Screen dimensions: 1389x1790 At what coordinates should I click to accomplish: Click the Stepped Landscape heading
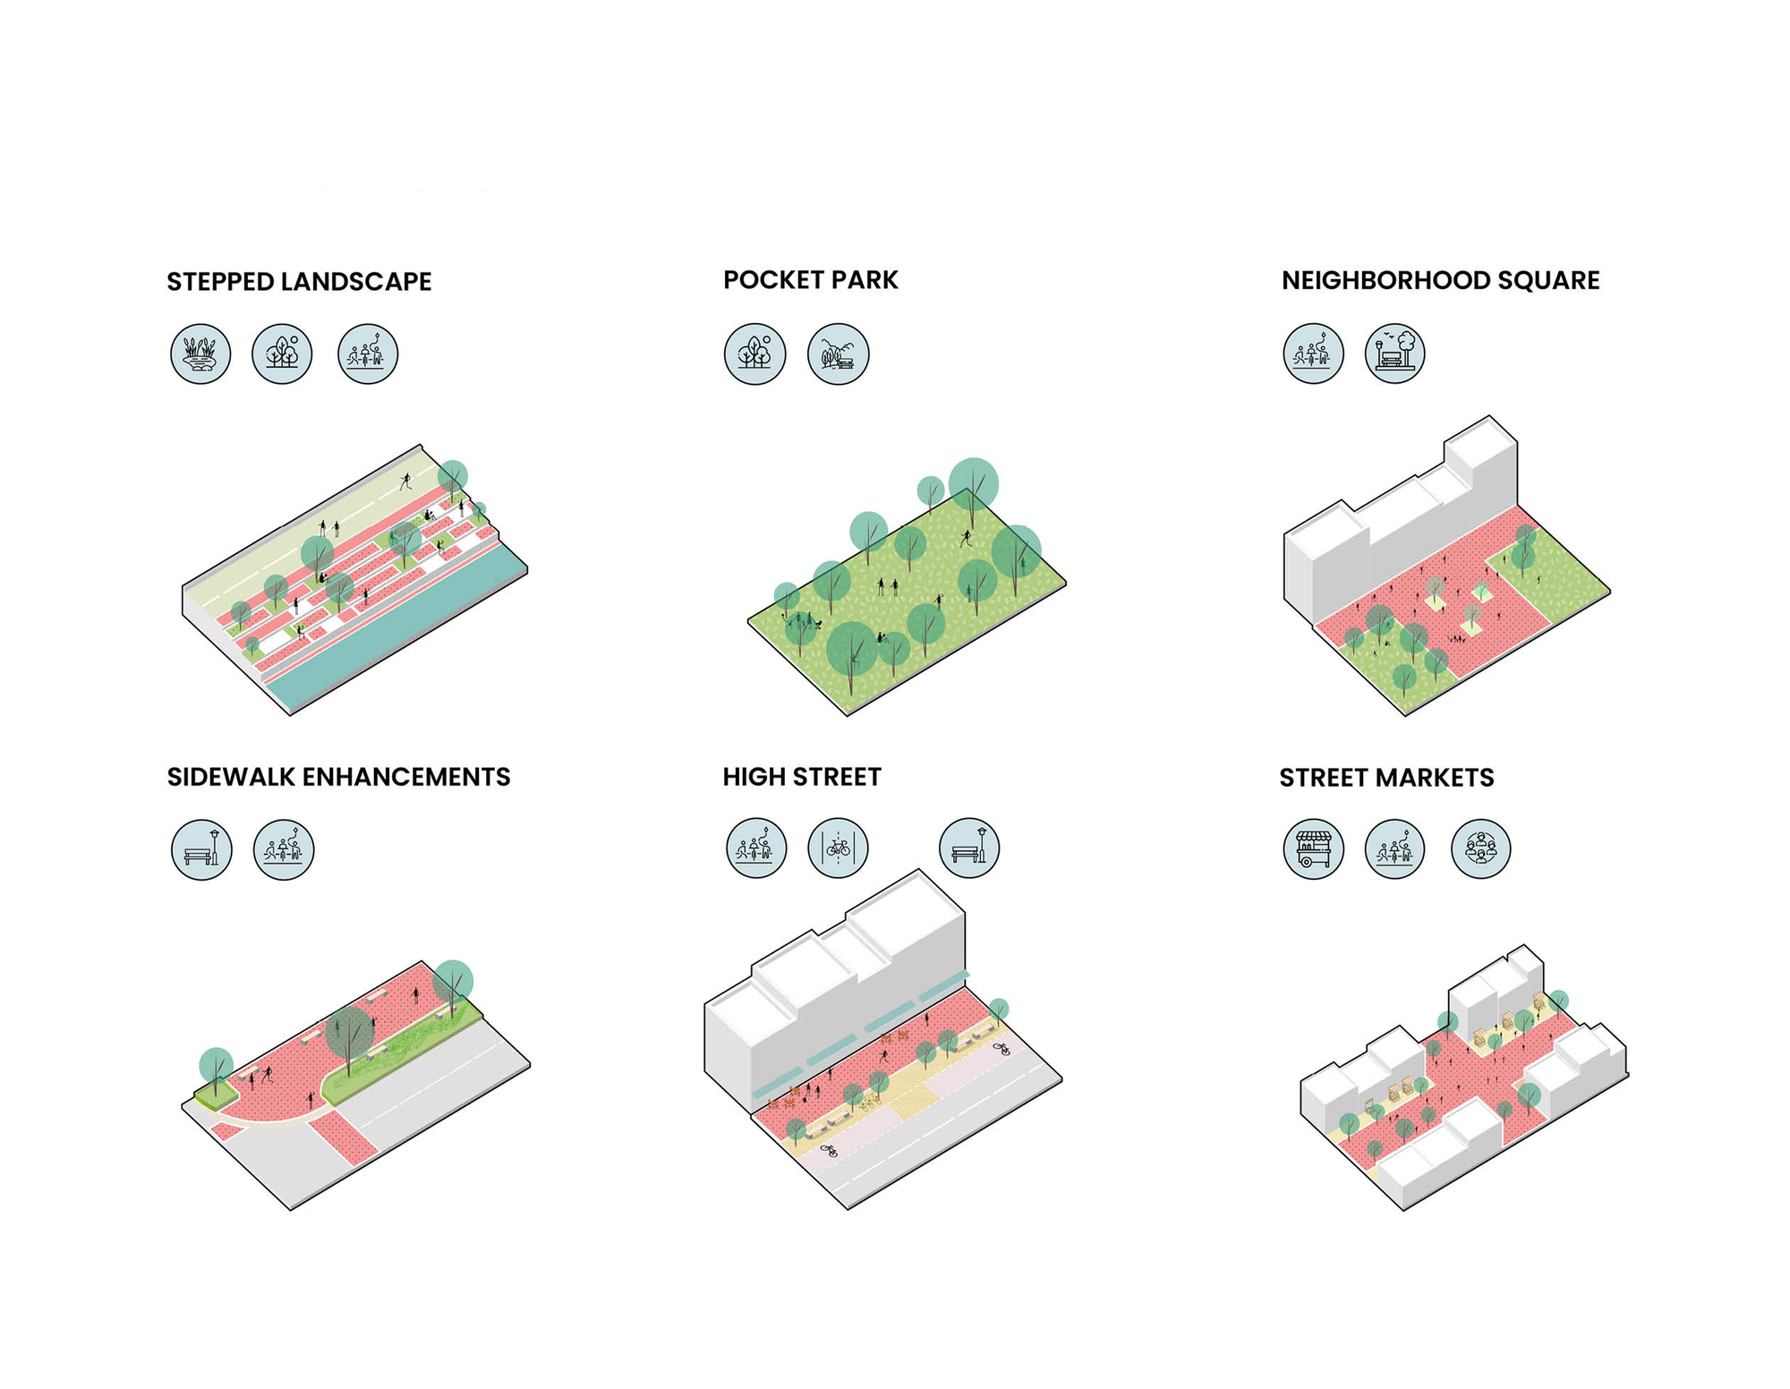[299, 282]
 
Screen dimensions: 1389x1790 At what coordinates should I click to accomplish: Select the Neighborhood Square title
[1440, 280]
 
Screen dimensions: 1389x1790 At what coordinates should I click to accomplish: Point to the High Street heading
[802, 777]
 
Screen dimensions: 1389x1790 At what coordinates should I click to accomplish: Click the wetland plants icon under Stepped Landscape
[200, 354]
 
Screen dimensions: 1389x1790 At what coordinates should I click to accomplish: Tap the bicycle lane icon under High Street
[838, 848]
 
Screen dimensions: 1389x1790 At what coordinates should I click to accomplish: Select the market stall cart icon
[1313, 849]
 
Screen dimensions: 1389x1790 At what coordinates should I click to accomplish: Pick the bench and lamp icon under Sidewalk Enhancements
[201, 849]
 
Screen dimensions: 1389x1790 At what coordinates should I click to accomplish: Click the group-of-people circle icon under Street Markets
[1480, 849]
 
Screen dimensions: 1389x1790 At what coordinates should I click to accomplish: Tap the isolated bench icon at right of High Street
[969, 848]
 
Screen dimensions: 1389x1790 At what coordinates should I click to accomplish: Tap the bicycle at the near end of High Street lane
[830, 1151]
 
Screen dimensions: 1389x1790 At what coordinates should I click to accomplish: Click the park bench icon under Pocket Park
[838, 354]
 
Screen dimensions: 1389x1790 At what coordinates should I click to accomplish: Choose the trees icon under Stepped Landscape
[282, 354]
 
